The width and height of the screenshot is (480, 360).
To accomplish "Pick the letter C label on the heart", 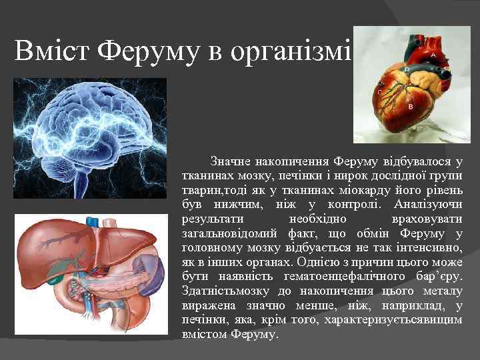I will coord(380,92).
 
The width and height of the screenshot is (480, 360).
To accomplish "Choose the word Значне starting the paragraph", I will coord(231,161).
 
